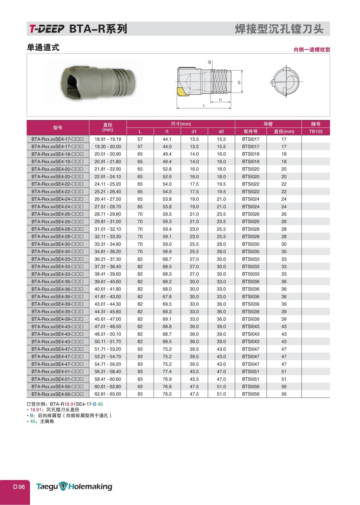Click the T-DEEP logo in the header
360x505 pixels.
pyautogui.click(x=47, y=29)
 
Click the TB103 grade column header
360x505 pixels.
pyautogui.click(x=315, y=131)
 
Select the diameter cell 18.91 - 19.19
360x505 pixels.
pyautogui.click(x=108, y=139)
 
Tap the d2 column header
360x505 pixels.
pyautogui.click(x=221, y=131)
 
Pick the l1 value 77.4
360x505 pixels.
pyautogui.click(x=167, y=371)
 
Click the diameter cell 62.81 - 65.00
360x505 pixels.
pyautogui.click(x=108, y=394)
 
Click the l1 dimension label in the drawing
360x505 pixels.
pyautogui.click(x=220, y=100)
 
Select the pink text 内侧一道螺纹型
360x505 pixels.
pyautogui.click(x=312, y=50)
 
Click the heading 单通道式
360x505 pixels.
pyautogui.click(x=43, y=47)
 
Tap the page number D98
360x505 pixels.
pyautogui.click(x=19, y=487)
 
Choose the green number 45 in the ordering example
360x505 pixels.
pyautogui.click(x=100, y=404)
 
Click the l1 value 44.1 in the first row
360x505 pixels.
pyautogui.click(x=167, y=139)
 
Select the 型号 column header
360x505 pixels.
pyautogui.click(x=58, y=128)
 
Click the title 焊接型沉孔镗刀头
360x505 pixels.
pyautogui.click(x=279, y=29)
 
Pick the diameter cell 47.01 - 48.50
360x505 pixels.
pyautogui.click(x=108, y=326)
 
